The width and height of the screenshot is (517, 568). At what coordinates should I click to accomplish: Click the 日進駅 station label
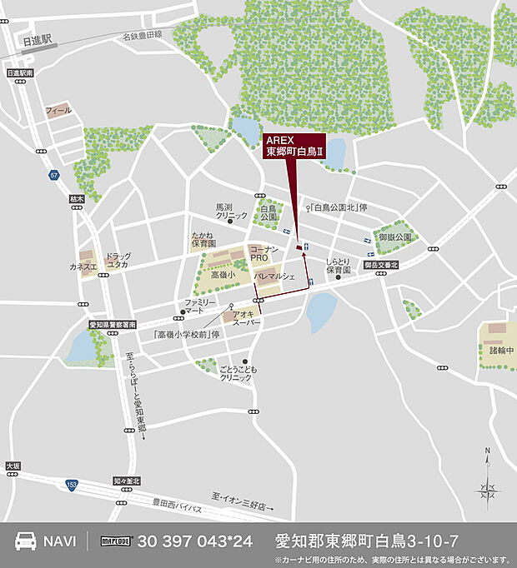click(37, 39)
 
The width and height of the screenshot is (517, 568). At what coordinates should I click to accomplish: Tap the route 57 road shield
click(54, 175)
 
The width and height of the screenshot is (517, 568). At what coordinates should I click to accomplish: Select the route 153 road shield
click(72, 486)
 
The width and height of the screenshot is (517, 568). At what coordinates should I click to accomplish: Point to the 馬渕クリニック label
click(231, 211)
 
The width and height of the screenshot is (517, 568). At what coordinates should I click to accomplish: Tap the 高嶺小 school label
click(223, 274)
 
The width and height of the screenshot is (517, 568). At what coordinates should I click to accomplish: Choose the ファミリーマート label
click(200, 306)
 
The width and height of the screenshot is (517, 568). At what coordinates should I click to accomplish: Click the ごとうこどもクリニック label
click(235, 372)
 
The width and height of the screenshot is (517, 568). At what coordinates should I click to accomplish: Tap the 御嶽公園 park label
click(395, 237)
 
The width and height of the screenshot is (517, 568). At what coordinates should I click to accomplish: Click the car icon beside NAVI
click(28, 540)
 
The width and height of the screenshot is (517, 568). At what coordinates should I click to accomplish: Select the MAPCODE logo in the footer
click(118, 541)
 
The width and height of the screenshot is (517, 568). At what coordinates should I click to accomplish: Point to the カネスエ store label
click(83, 267)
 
